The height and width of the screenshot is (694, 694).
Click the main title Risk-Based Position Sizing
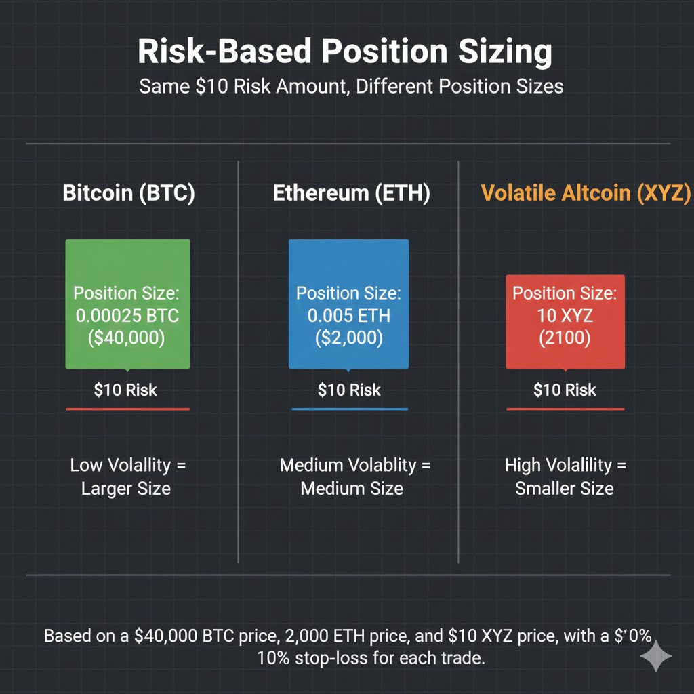pyautogui.click(x=346, y=52)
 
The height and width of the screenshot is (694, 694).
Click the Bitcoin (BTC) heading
pyautogui.click(x=129, y=193)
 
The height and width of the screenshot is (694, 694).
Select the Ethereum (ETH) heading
pyautogui.click(x=351, y=193)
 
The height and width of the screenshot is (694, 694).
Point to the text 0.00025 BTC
pyautogui.click(x=127, y=316)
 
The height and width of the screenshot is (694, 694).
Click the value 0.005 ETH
pyautogui.click(x=348, y=316)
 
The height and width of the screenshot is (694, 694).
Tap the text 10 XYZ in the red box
pyautogui.click(x=565, y=316)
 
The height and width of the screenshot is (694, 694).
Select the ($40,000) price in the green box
pyautogui.click(x=127, y=338)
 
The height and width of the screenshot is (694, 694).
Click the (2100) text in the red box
pyautogui.click(x=565, y=338)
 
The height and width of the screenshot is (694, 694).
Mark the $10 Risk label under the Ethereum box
pyautogui.click(x=349, y=390)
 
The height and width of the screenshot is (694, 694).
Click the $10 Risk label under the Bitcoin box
pyautogui.click(x=125, y=390)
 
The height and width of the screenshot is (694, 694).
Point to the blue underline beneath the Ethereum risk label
pyautogui.click(x=349, y=409)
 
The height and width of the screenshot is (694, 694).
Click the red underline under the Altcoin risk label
pyautogui.click(x=565, y=409)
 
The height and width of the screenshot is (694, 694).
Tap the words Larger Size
pyautogui.click(x=126, y=489)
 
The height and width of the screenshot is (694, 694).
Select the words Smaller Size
pyautogui.click(x=565, y=489)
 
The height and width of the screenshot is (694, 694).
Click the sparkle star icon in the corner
pyautogui.click(x=656, y=655)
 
